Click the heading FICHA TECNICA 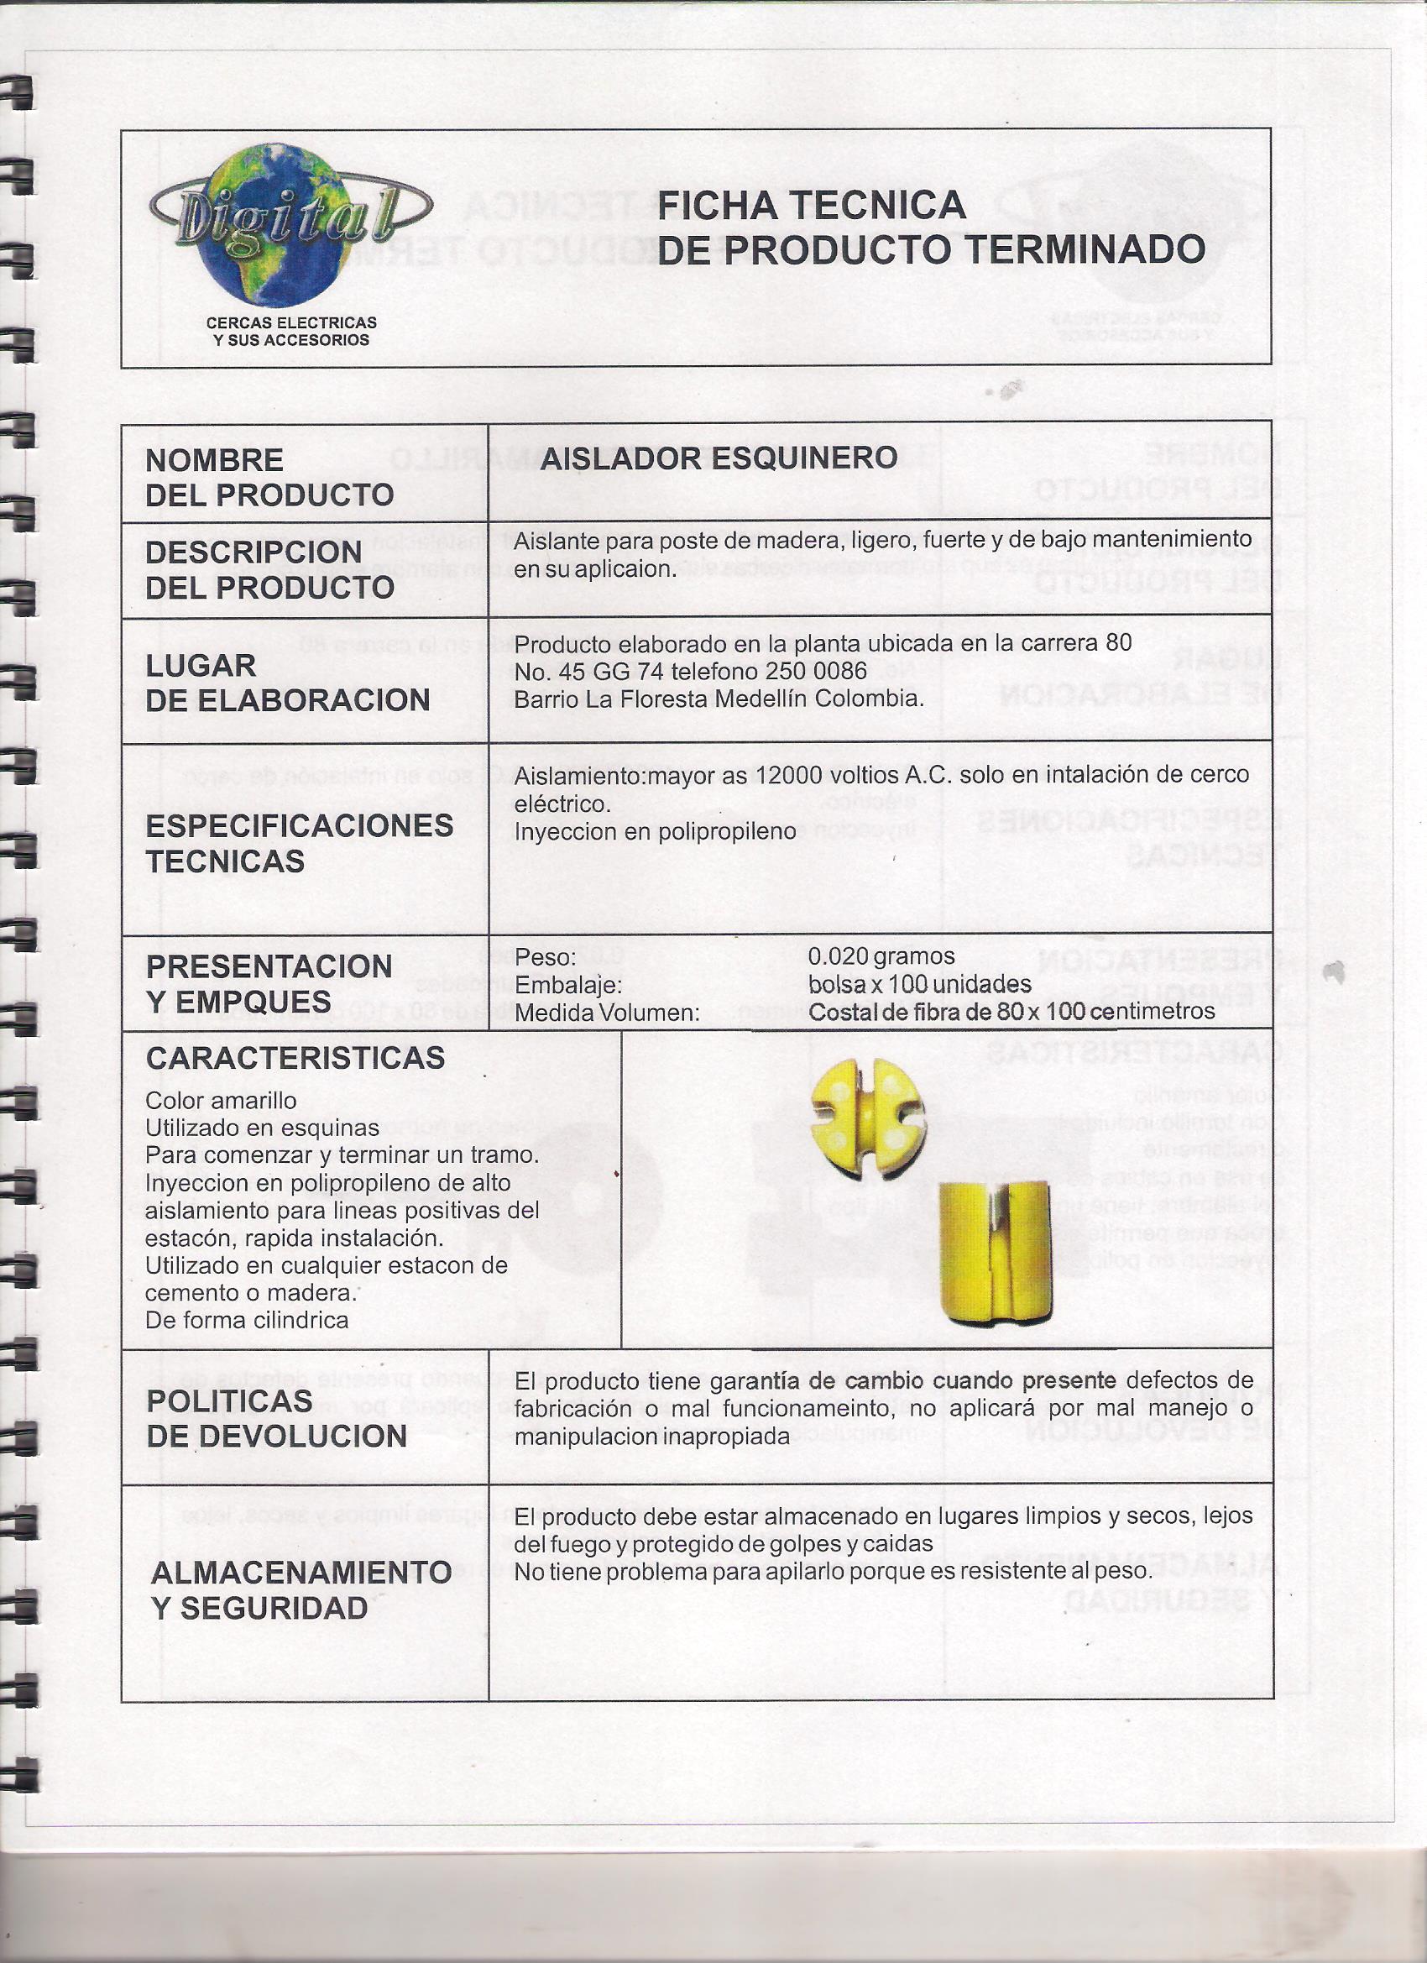[x=811, y=205]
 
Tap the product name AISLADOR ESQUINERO [x=719, y=458]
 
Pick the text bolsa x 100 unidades [x=919, y=984]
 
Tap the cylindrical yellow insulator [x=996, y=1246]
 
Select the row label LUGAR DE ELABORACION [x=287, y=683]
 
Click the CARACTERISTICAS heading [x=295, y=1058]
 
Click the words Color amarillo [x=221, y=1101]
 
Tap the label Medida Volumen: [x=607, y=1013]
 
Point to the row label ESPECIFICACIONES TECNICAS [x=299, y=843]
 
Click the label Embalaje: [x=567, y=985]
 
